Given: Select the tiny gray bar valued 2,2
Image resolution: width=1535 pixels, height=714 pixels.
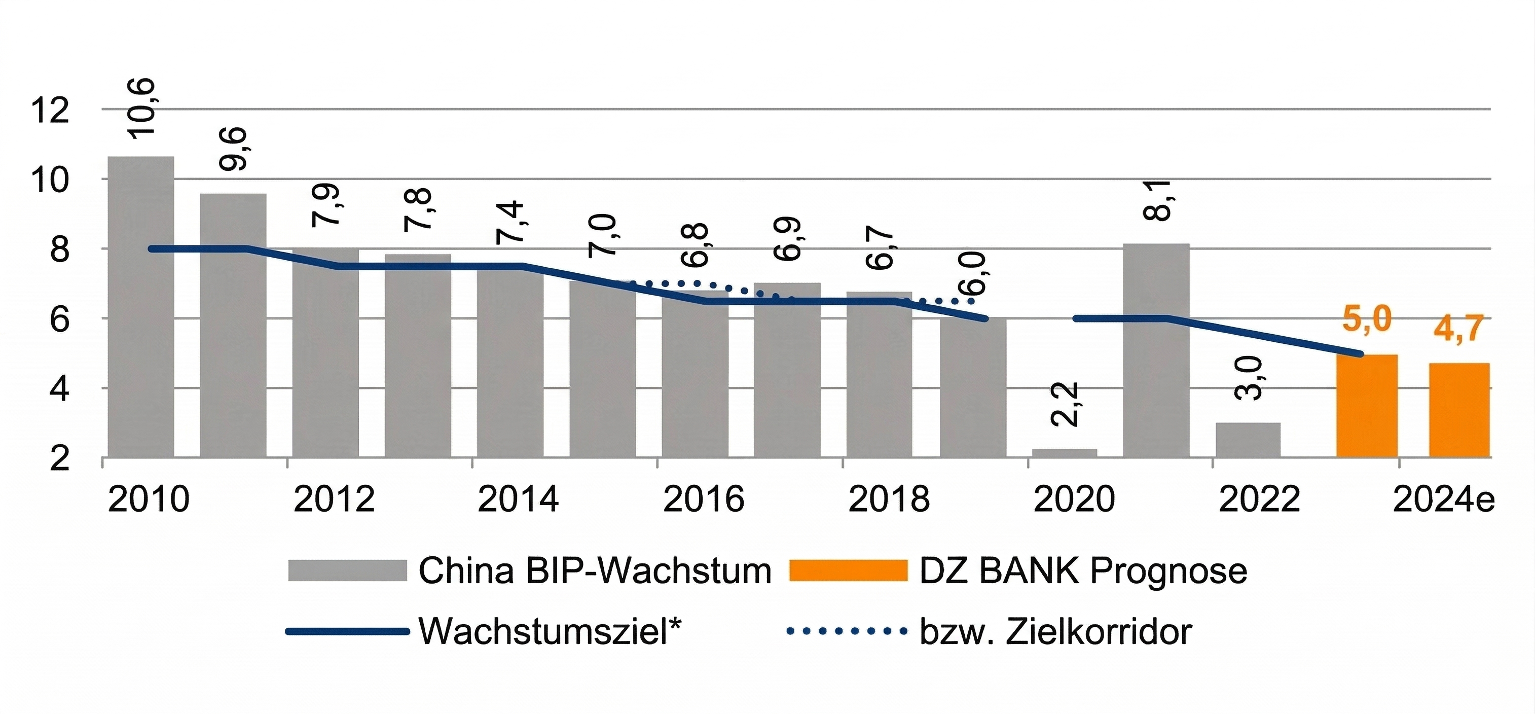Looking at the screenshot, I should [1064, 453].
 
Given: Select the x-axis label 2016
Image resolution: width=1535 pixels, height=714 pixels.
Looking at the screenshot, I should [703, 499].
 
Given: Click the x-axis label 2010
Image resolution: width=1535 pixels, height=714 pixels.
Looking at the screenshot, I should [149, 499].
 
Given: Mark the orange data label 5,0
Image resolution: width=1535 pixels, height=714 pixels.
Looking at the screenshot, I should [1367, 319].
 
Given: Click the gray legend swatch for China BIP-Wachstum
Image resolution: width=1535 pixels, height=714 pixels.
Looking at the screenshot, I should [347, 570].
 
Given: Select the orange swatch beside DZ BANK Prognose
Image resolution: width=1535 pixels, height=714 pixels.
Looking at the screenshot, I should [848, 570].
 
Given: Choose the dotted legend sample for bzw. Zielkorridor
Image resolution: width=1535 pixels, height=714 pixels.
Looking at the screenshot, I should [846, 630].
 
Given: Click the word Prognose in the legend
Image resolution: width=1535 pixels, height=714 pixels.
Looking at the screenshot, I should [1168, 571].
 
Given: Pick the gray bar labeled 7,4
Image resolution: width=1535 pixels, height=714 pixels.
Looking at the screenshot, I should [510, 364].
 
